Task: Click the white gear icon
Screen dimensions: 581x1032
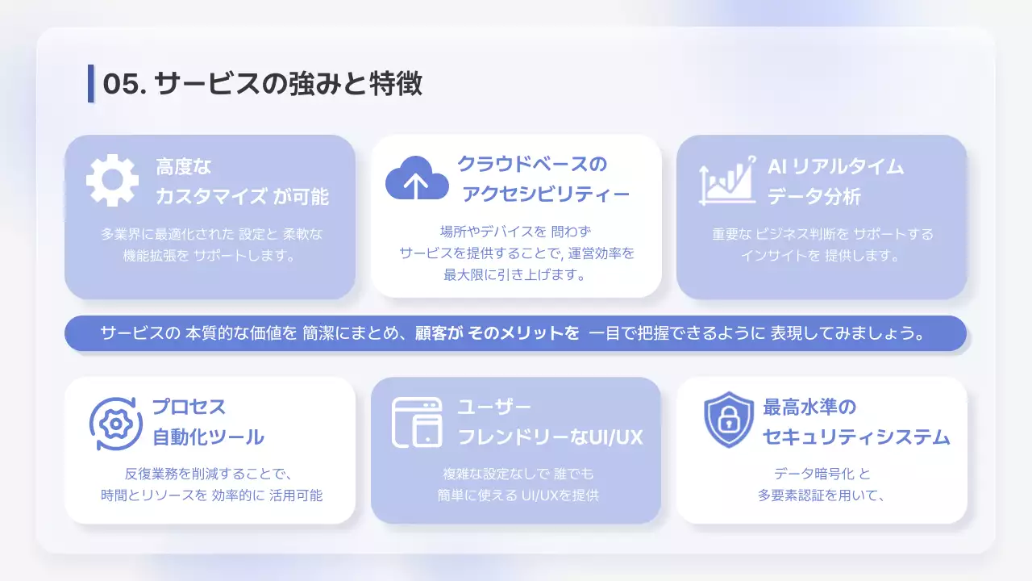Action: (x=112, y=181)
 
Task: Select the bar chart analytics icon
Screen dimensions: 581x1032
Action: (x=727, y=179)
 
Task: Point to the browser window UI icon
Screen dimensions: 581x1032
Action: (x=416, y=422)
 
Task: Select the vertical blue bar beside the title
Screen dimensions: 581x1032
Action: (x=91, y=83)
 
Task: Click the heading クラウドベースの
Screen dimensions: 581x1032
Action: (x=532, y=164)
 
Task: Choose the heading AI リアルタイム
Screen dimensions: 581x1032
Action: (x=835, y=166)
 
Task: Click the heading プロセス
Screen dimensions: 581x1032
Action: (x=189, y=407)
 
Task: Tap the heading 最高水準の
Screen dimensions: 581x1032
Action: (x=809, y=407)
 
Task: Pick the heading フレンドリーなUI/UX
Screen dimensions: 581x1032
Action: (x=550, y=437)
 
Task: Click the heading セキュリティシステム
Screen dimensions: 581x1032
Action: (x=856, y=437)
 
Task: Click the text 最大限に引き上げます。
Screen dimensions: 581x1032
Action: (x=515, y=274)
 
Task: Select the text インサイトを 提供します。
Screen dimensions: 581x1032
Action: (x=822, y=256)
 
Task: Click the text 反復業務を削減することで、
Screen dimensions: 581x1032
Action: (x=209, y=474)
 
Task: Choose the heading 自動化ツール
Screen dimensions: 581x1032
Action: (x=209, y=437)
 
